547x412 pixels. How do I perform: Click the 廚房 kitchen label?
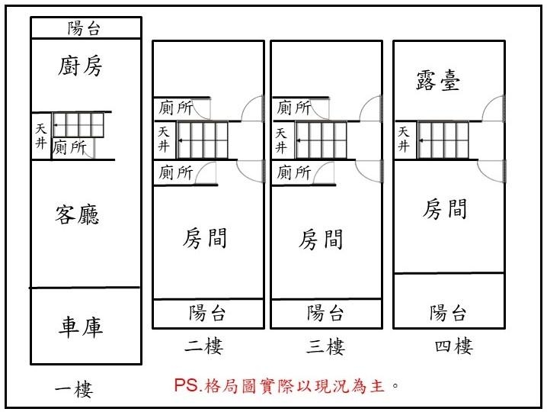[80, 66]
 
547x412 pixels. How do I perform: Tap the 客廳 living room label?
[77, 214]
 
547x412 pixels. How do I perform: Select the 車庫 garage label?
[81, 327]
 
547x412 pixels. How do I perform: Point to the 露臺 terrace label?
[438, 80]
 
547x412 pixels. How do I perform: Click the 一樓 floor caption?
[74, 389]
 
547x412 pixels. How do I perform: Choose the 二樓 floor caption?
[203, 346]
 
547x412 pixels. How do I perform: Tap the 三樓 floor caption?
[326, 347]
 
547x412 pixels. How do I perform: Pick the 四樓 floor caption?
[454, 346]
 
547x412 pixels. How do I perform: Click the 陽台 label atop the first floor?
[84, 28]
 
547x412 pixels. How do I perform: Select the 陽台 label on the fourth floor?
[448, 312]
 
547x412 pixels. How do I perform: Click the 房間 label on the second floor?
[205, 238]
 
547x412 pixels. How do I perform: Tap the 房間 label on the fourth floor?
[445, 208]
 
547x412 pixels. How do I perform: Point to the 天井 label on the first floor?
[41, 136]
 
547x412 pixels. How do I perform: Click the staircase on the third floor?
[321, 140]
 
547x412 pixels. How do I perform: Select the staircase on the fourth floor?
[443, 140]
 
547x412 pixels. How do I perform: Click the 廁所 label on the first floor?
[69, 146]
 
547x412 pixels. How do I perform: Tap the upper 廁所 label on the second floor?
[176, 108]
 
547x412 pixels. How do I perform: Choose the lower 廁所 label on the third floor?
[294, 172]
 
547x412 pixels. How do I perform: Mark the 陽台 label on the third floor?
[325, 312]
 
